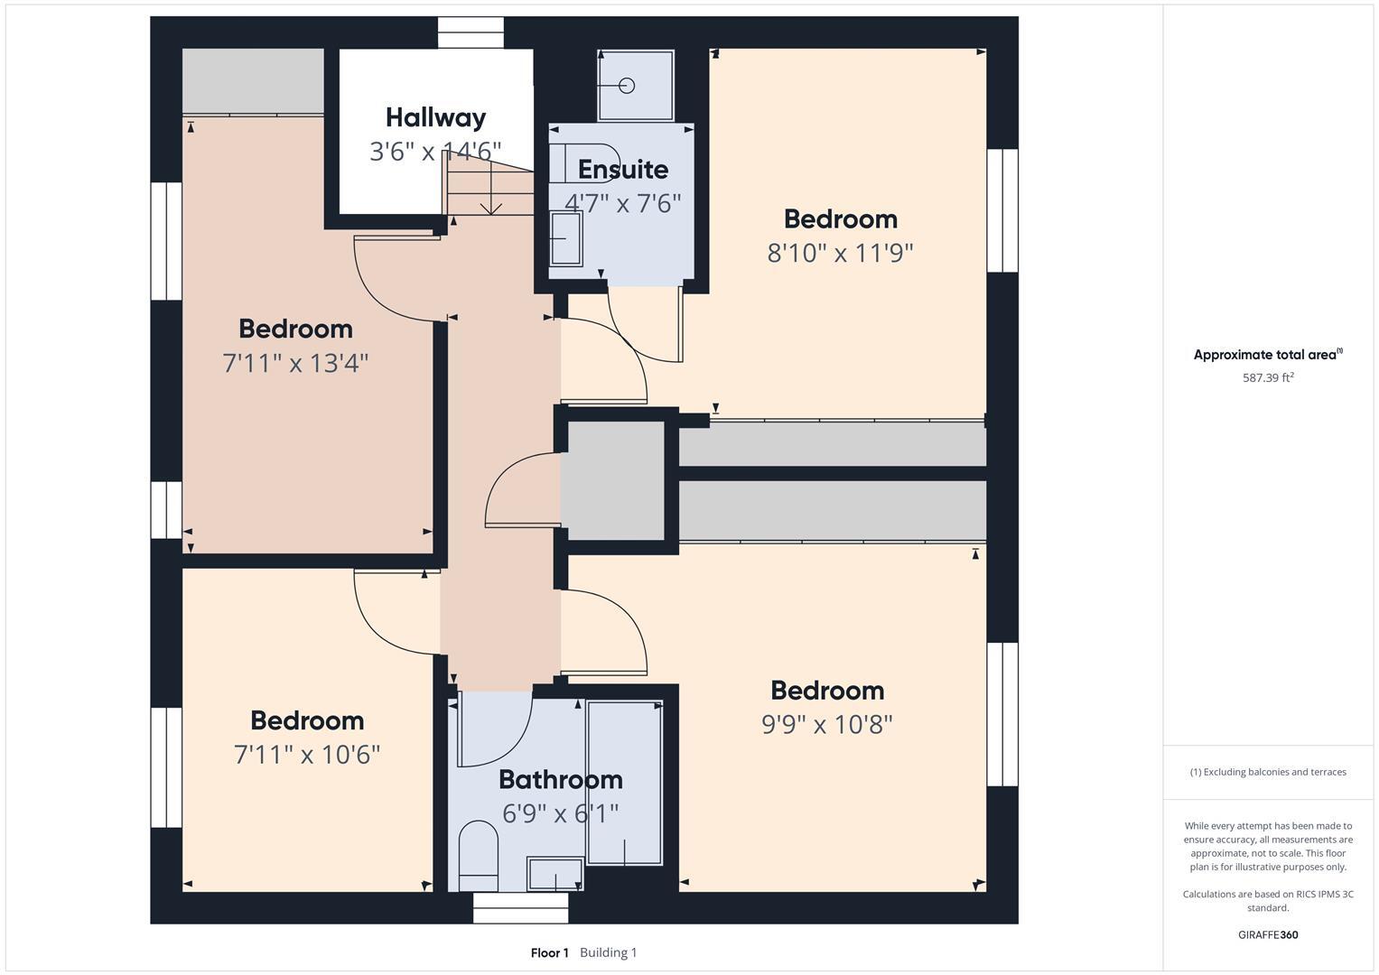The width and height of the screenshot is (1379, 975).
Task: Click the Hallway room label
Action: coord(435,117)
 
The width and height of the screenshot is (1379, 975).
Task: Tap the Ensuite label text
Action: coord(623,170)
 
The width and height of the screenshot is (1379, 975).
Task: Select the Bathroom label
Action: coord(560,779)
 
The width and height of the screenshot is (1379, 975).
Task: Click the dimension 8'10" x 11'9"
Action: coord(840,253)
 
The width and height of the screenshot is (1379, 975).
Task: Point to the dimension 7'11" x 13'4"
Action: coord(295,363)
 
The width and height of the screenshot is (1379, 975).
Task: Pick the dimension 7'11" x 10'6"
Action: coord(307,755)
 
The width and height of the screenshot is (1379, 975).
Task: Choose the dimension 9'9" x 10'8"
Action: coord(826,724)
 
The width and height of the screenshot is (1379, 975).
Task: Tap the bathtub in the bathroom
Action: coord(625,783)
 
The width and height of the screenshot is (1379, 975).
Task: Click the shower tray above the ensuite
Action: coord(635,86)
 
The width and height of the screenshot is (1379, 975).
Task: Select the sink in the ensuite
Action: coord(566,238)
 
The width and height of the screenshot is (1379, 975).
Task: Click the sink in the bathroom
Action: coord(555,874)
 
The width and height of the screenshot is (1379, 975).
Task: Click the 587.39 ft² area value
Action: coord(1268,378)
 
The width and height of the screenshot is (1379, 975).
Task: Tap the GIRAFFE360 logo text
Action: coord(1268,934)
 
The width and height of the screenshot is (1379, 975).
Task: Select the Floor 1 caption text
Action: coord(549,952)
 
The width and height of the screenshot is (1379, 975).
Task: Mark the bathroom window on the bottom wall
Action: coord(521,908)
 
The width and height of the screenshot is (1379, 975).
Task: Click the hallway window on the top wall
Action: coord(471,32)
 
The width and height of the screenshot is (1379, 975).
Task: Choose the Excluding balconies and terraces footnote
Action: coord(1268,772)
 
